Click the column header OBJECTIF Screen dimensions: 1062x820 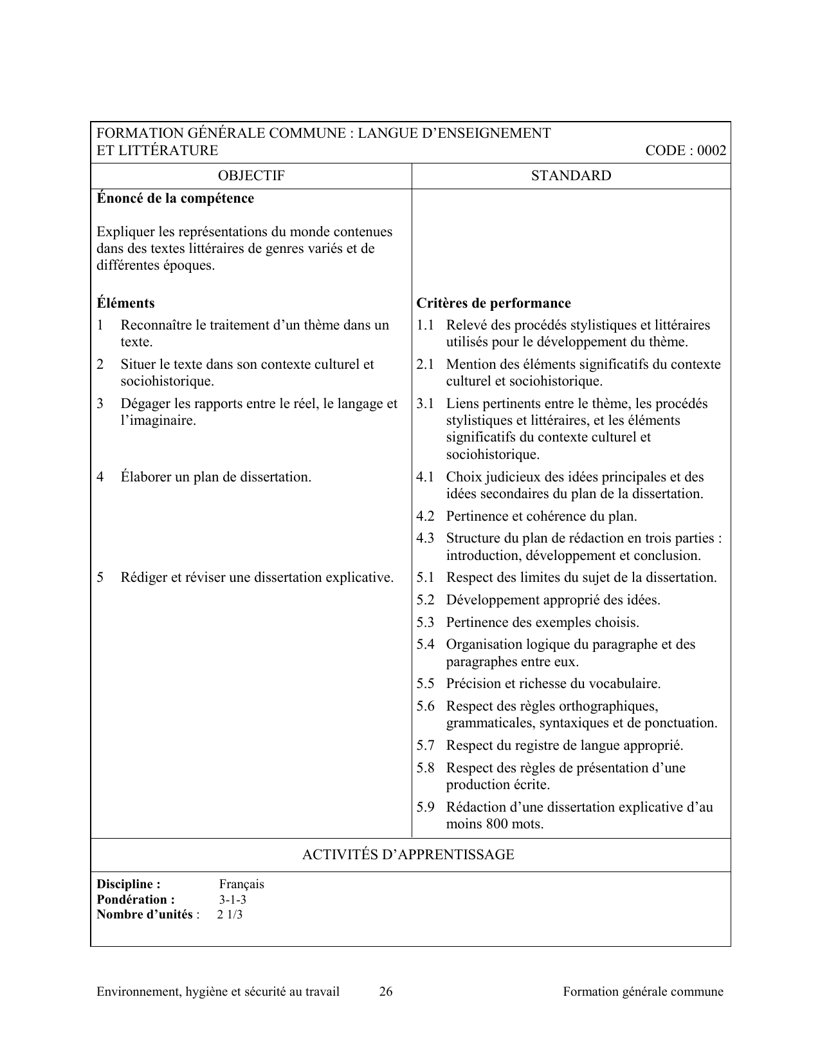pyautogui.click(x=251, y=176)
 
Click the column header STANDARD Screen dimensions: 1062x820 pyautogui.click(x=570, y=176)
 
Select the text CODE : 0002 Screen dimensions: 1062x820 pyautogui.click(x=686, y=151)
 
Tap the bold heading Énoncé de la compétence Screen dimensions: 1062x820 pyautogui.click(x=175, y=198)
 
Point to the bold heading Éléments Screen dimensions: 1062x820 pyautogui.click(x=125, y=303)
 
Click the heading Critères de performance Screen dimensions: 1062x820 pyautogui.click(x=493, y=303)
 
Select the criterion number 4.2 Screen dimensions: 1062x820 pyautogui.click(x=425, y=516)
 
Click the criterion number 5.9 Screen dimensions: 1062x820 pyautogui.click(x=425, y=807)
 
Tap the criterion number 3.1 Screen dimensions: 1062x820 pyautogui.click(x=425, y=404)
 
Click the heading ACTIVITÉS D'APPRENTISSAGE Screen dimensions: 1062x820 pyautogui.click(x=408, y=855)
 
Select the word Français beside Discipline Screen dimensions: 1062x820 pyautogui.click(x=241, y=884)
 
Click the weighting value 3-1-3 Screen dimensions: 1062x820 pyautogui.click(x=232, y=900)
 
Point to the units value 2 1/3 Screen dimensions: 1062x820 pyautogui.click(x=230, y=915)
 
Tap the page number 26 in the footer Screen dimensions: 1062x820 pyautogui.click(x=386, y=992)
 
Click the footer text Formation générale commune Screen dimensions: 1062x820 pyautogui.click(x=643, y=992)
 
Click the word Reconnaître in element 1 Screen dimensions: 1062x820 pyautogui.click(x=156, y=325)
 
